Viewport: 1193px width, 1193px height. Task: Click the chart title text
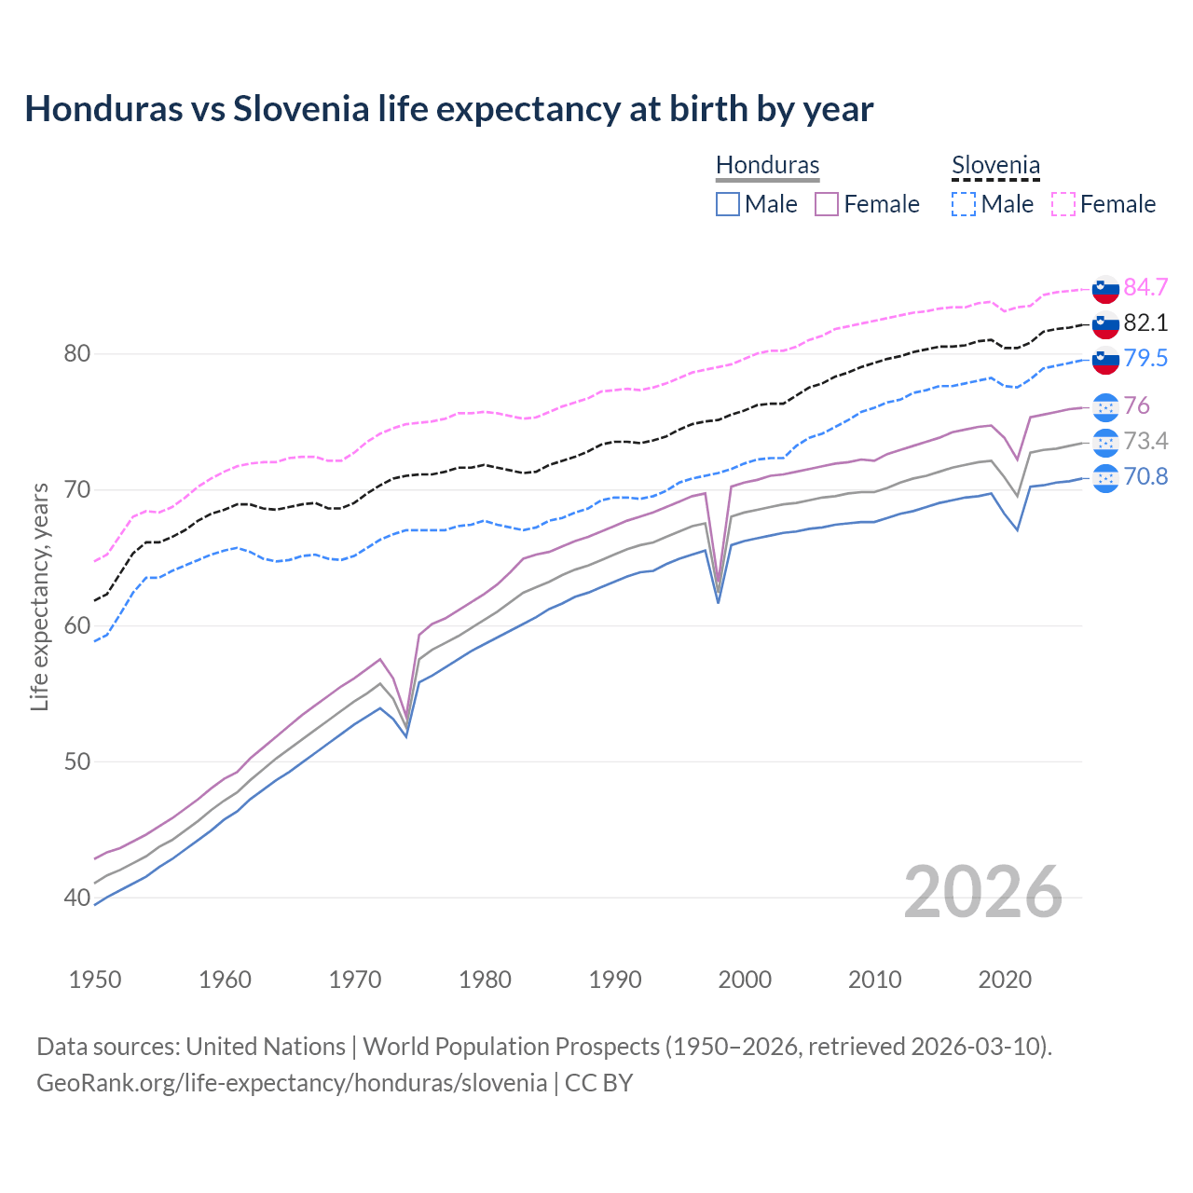click(448, 109)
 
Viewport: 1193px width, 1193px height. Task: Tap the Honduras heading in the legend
click(767, 165)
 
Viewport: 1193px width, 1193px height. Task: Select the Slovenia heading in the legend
click(995, 165)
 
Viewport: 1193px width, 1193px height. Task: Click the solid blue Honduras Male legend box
click(728, 204)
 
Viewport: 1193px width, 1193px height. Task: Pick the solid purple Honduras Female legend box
click(827, 204)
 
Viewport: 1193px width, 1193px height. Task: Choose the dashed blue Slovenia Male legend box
click(964, 204)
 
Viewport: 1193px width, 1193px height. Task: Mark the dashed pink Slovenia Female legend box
click(1063, 204)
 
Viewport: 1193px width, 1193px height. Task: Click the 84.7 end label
click(1145, 287)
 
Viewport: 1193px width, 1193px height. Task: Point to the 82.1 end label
click(1145, 322)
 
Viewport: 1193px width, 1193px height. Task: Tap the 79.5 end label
click(1145, 358)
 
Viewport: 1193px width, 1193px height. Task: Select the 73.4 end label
click(1145, 441)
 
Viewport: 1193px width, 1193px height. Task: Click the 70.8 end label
click(1145, 476)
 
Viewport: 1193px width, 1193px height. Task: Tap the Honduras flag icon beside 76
click(1105, 406)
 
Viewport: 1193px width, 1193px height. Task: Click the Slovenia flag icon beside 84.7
click(1105, 288)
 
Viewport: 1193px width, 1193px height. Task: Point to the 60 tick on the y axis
click(76, 625)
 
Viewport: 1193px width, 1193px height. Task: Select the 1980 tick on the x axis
click(485, 980)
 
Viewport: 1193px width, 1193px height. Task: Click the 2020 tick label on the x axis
click(1005, 980)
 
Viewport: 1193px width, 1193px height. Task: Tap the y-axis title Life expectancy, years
click(40, 596)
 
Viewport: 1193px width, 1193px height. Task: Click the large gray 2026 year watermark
click(982, 892)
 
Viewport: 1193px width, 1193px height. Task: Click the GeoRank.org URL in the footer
click(292, 1082)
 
